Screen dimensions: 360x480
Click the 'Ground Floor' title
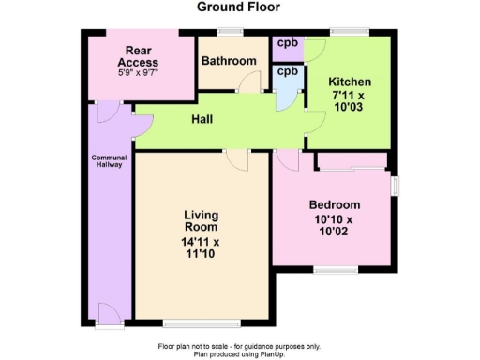pyautogui.click(x=237, y=7)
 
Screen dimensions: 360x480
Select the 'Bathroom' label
pyautogui.click(x=229, y=61)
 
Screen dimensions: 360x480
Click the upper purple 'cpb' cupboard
pyautogui.click(x=287, y=43)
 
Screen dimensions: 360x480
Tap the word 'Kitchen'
pyautogui.click(x=349, y=82)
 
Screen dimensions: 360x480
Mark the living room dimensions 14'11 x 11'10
pyautogui.click(x=201, y=247)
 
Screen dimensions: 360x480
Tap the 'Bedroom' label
pyautogui.click(x=335, y=204)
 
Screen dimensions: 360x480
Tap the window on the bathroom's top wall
pyautogui.click(x=229, y=32)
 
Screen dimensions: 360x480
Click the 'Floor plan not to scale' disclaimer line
pyautogui.click(x=240, y=346)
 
